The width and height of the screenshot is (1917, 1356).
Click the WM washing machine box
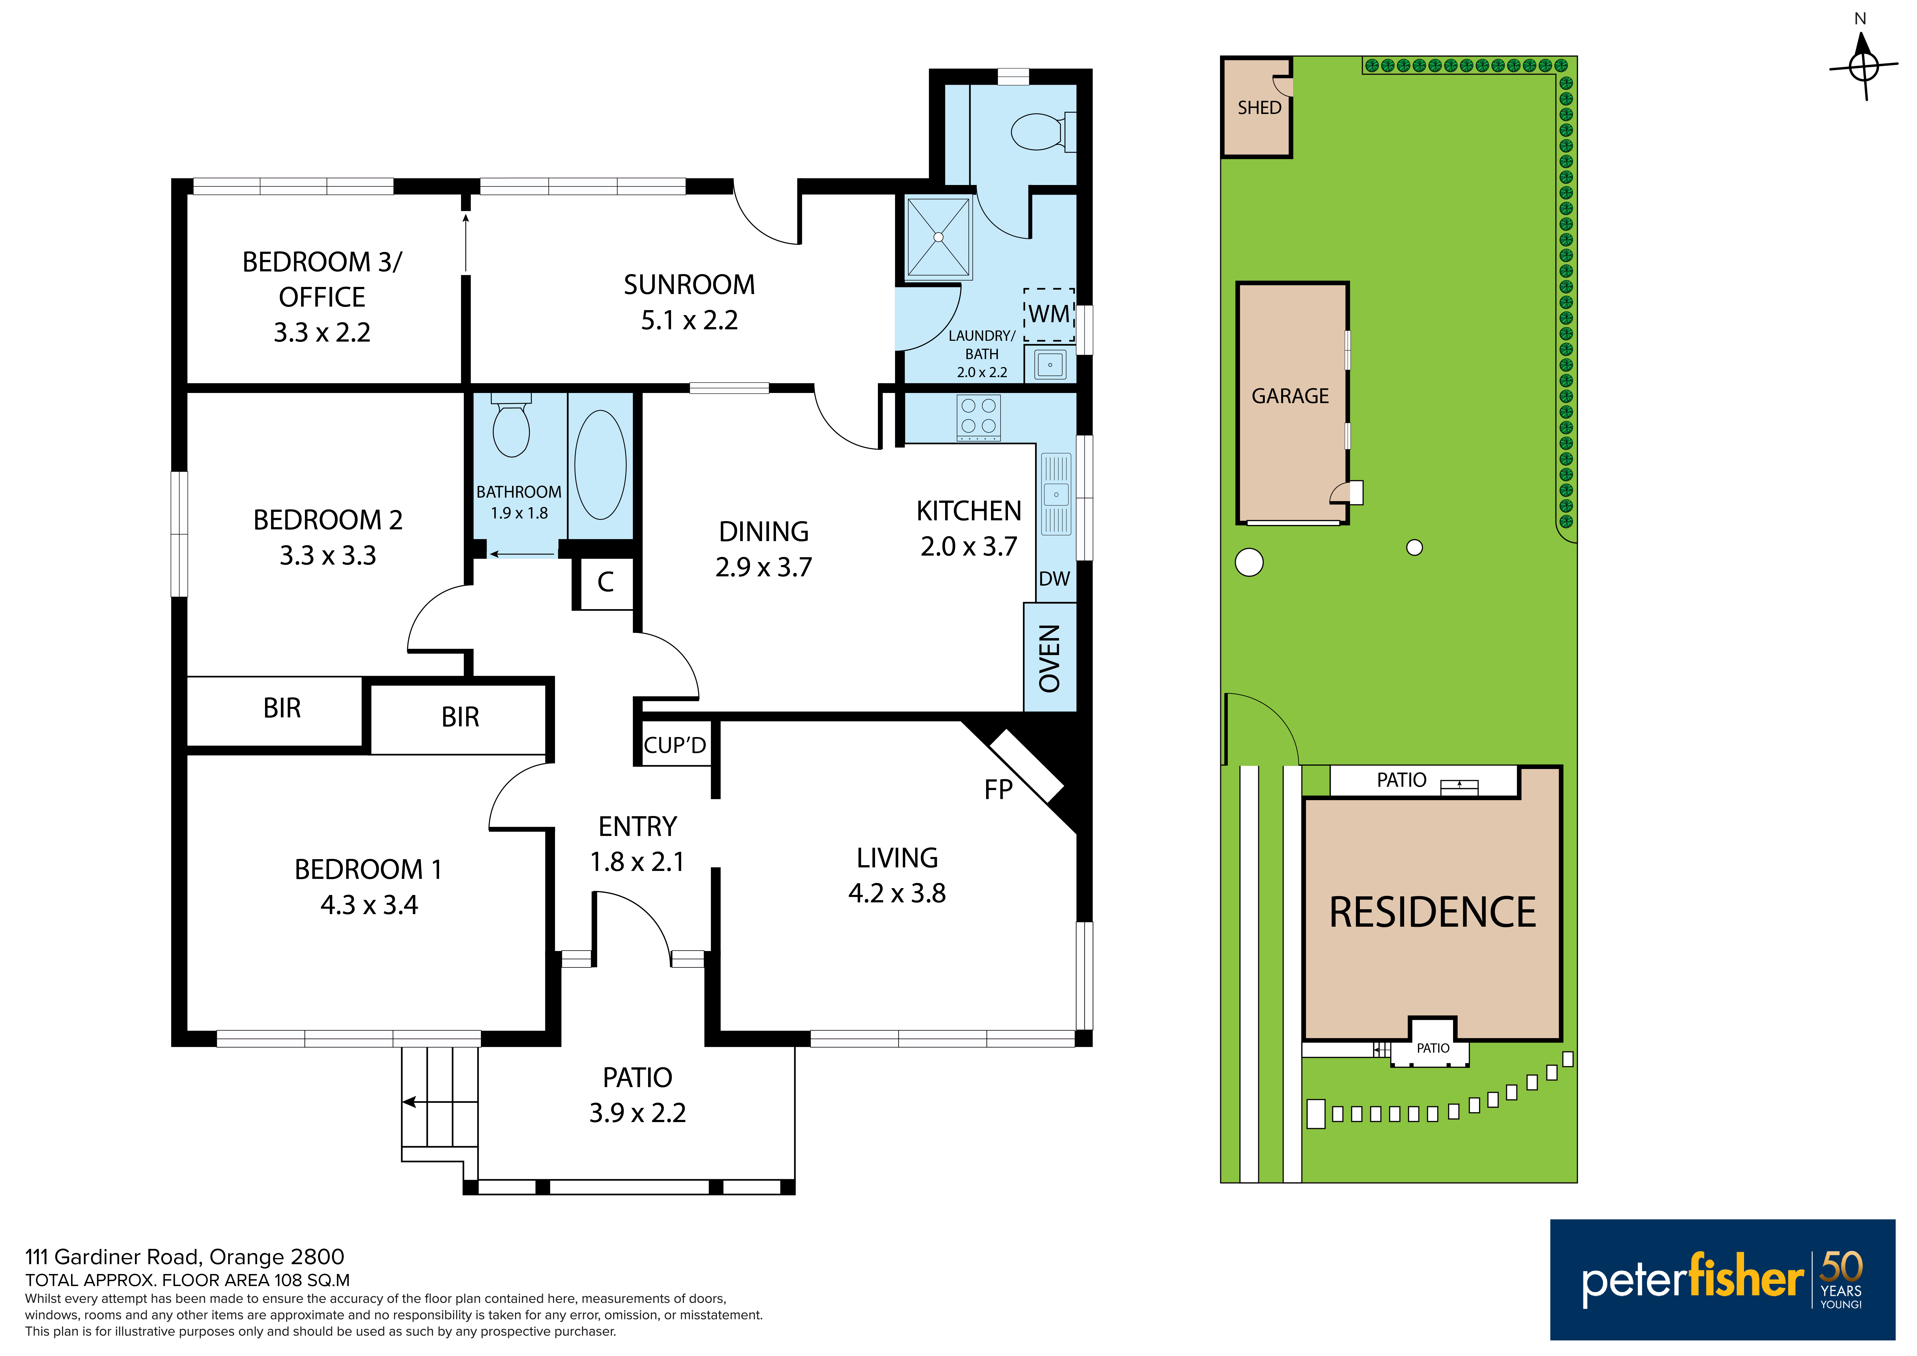[1049, 315]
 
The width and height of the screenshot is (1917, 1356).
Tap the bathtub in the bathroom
[600, 465]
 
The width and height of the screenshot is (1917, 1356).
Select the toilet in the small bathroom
[511, 426]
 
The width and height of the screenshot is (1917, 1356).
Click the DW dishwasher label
[1054, 579]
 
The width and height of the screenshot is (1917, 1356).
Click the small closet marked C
[605, 582]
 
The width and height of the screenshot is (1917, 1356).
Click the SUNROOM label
[689, 285]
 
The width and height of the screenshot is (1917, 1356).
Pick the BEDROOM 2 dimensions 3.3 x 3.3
[328, 555]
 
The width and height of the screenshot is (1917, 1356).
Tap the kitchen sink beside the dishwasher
[1056, 494]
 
